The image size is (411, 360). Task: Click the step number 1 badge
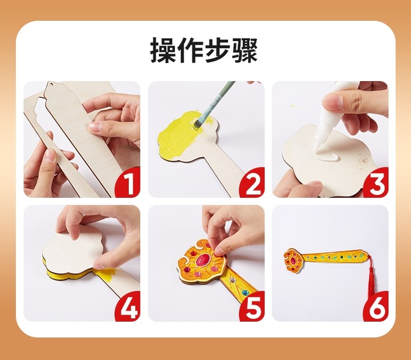tap(128, 184)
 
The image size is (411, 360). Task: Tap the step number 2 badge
tap(252, 184)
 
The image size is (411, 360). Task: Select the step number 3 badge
tap(377, 184)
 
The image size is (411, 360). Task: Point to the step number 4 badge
tap(128, 308)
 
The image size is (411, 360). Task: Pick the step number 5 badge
tap(252, 308)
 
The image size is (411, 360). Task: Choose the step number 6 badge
tap(377, 308)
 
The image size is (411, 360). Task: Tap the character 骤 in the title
tap(244, 50)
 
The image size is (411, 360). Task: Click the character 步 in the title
tap(217, 50)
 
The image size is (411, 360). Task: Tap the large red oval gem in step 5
tap(202, 260)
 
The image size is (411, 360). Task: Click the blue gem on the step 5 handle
tap(244, 292)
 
